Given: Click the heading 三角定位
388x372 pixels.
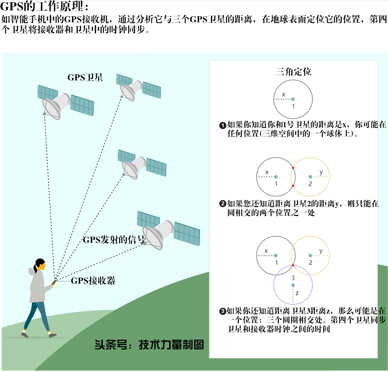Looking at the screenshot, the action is point(293,72).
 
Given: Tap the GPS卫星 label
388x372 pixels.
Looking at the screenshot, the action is point(85,78).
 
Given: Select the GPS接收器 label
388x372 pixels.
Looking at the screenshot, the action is point(93,280).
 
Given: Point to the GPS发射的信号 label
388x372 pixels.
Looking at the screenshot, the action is point(114,240).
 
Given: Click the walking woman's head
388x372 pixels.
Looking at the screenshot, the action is point(40,265).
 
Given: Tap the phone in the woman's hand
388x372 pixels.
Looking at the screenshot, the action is point(54,282).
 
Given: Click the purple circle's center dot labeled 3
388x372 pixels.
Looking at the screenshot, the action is point(293,285).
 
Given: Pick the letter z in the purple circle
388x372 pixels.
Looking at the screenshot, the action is point(297,294).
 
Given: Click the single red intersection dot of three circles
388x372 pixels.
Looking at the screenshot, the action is point(293,265).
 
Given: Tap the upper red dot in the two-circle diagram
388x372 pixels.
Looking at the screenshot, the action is point(293,168).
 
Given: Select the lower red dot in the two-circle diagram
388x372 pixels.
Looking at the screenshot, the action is point(293,186).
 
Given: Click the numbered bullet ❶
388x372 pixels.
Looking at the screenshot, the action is point(223,125).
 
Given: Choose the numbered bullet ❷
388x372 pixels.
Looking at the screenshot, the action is point(223,204).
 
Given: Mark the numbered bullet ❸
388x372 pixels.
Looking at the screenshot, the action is point(223,311).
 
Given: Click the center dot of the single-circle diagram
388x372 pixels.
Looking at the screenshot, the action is point(293,99).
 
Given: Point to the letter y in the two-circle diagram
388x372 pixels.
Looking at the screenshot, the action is point(321,172).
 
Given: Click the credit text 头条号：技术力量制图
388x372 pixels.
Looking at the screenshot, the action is point(149,345).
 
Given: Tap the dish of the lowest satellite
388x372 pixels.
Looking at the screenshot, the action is point(153,238).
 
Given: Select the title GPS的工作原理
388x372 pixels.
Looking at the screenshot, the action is point(44,6).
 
